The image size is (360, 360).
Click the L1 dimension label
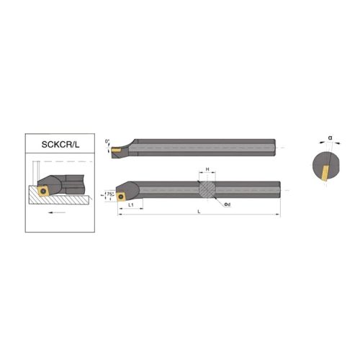click(x=130, y=205)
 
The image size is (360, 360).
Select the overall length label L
click(x=198, y=212)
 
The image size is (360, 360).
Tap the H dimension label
click(x=207, y=169)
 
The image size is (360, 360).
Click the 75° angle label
click(x=109, y=194)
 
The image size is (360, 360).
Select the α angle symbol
click(x=329, y=136)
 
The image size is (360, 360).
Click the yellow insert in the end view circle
click(x=325, y=171)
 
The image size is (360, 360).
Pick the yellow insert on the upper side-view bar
click(x=114, y=151)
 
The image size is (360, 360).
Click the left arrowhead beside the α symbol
click(x=322, y=143)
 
